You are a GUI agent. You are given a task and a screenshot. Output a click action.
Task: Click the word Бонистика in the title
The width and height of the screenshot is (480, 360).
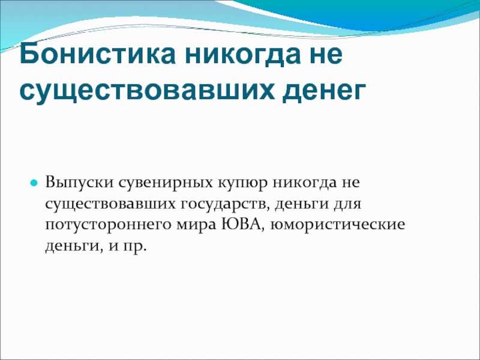(97, 54)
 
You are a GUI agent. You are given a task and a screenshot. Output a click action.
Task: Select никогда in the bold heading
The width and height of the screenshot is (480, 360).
(243, 54)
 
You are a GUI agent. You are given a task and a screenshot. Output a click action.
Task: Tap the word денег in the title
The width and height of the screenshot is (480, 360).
(324, 91)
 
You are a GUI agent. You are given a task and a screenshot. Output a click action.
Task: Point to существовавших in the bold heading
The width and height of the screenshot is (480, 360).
(146, 91)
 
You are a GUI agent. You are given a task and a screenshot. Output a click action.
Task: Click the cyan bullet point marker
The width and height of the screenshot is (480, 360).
(34, 184)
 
